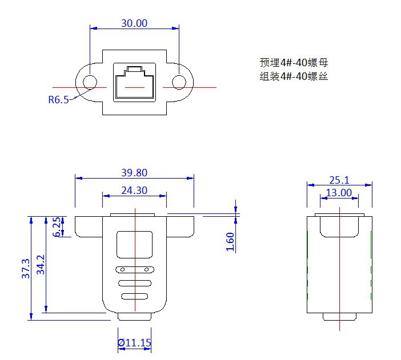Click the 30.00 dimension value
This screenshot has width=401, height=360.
(x=134, y=23)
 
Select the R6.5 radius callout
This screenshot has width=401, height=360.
(x=58, y=100)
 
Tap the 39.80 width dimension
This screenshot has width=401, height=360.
(x=134, y=173)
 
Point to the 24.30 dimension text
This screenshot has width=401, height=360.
(x=134, y=191)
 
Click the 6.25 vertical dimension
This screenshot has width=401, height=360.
(x=57, y=226)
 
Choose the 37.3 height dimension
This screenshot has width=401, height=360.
(x=26, y=268)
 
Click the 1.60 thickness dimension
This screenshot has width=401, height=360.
(x=230, y=241)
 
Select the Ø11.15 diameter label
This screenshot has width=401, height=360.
(x=134, y=343)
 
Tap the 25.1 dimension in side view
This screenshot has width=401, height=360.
(x=339, y=180)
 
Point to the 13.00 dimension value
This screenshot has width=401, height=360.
(x=339, y=193)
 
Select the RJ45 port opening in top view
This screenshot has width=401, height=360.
(x=134, y=83)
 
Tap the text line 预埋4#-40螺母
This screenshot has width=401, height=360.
(x=293, y=63)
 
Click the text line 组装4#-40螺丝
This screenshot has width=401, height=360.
(x=293, y=76)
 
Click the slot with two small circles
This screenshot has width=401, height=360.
(x=134, y=269)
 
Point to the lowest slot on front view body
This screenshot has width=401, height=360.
(x=134, y=296)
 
